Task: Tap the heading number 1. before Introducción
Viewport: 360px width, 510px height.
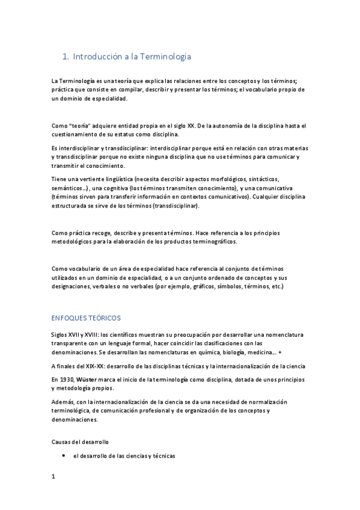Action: [x=66, y=57]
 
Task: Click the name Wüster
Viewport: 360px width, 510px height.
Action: [x=89, y=380]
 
